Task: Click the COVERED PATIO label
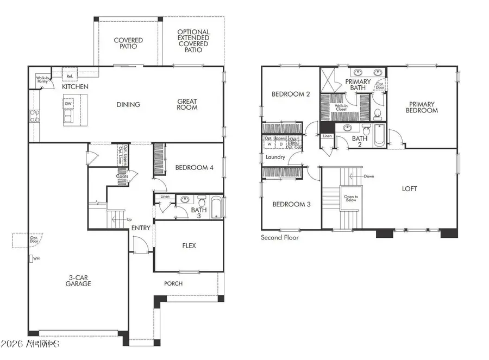[x=128, y=43]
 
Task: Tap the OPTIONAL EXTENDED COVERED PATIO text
[x=193, y=41]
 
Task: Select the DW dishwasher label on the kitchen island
[x=68, y=103]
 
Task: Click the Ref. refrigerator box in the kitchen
[x=70, y=77]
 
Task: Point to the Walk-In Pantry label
[x=43, y=79]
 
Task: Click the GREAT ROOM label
[x=187, y=104]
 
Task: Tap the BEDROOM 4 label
[x=194, y=168]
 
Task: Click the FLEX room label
[x=189, y=245]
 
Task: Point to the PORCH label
[x=173, y=283]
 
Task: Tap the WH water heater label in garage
[x=36, y=258]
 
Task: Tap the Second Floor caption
[x=280, y=237]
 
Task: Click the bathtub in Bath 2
[x=379, y=135]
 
